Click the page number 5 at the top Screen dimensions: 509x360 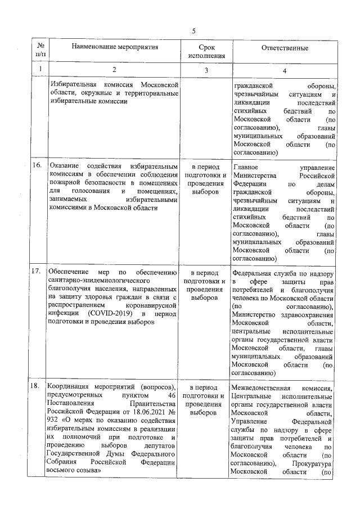193,31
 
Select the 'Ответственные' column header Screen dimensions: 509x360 284,48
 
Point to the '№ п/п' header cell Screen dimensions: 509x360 40,51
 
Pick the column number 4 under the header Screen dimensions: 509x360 284,70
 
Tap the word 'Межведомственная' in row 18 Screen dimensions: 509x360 261,388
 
